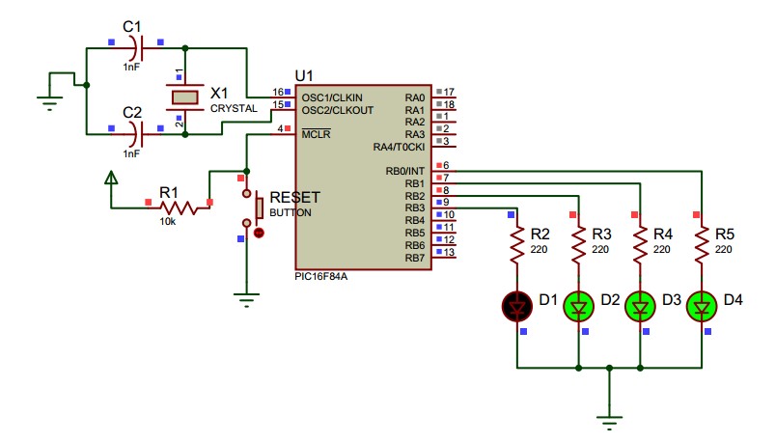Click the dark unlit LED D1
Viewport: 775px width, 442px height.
pyautogui.click(x=517, y=307)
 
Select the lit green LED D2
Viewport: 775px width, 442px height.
pyautogui.click(x=579, y=307)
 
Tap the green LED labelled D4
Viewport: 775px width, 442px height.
pyautogui.click(x=702, y=307)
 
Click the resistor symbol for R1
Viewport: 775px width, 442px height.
pyautogui.click(x=179, y=207)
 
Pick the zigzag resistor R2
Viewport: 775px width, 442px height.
pyautogui.click(x=517, y=245)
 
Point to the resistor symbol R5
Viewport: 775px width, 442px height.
pyautogui.click(x=702, y=245)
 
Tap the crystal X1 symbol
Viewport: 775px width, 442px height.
pyautogui.click(x=185, y=97)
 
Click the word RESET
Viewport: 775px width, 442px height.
pyautogui.click(x=295, y=198)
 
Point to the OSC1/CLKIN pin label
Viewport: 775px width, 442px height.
pyautogui.click(x=332, y=97)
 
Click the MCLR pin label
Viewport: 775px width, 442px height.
pyautogui.click(x=316, y=134)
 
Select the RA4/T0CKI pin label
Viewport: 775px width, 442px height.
pyautogui.click(x=399, y=147)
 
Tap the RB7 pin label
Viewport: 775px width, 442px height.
pyautogui.click(x=415, y=258)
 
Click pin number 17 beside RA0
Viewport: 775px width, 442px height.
pyautogui.click(x=449, y=92)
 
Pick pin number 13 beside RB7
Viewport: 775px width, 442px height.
pyautogui.click(x=449, y=252)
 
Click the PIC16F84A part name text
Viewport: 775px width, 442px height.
pyautogui.click(x=321, y=276)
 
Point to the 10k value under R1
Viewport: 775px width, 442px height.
pyautogui.click(x=168, y=222)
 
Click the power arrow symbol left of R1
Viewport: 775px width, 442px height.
pyautogui.click(x=111, y=178)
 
